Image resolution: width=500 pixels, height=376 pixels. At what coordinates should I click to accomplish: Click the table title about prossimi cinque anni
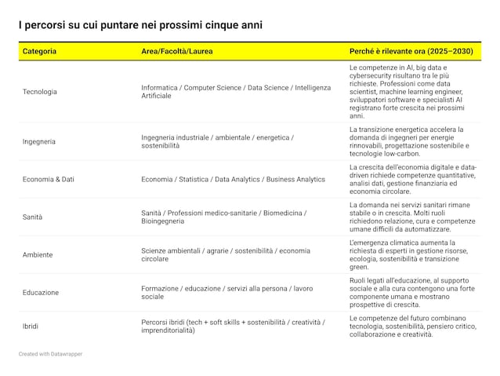(140, 25)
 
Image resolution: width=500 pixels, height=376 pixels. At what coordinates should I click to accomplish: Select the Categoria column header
(39, 51)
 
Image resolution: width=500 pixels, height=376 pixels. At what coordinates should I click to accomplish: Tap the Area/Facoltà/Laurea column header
(176, 51)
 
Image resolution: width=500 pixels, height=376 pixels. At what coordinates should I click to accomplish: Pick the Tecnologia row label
(40, 92)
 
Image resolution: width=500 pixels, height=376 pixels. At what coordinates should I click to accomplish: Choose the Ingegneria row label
(39, 141)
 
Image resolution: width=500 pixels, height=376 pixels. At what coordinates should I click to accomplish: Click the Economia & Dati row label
(49, 179)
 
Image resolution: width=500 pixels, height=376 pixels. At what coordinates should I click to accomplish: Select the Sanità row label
(33, 217)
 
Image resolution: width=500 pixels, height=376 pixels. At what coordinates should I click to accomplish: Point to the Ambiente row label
(38, 254)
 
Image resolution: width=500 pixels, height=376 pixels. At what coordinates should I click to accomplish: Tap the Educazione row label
(41, 292)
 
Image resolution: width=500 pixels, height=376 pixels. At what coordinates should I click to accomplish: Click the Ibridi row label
(31, 326)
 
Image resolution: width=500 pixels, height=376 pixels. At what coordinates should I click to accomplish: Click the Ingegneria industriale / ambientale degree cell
(217, 141)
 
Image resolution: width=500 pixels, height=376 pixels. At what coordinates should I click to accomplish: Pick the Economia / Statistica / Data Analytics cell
(233, 179)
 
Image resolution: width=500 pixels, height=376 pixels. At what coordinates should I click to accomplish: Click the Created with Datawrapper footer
(50, 354)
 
